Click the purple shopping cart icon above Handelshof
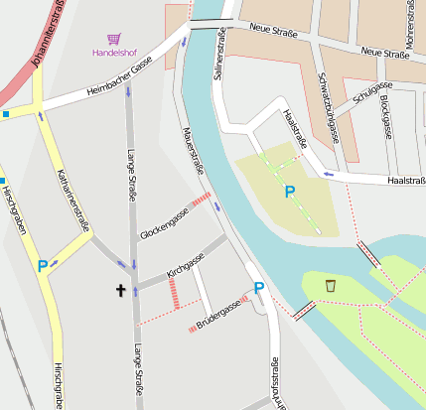pos(114,39)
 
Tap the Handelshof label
pos(113,52)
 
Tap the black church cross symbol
pos(121,290)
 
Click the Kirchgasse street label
pos(185,263)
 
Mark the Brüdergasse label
pos(218,316)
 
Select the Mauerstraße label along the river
pos(194,152)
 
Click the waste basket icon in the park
pos(330,286)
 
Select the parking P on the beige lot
pos(290,192)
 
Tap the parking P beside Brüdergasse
pos(259,289)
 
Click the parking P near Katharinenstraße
pos(42,266)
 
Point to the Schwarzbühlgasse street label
pos(328,105)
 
